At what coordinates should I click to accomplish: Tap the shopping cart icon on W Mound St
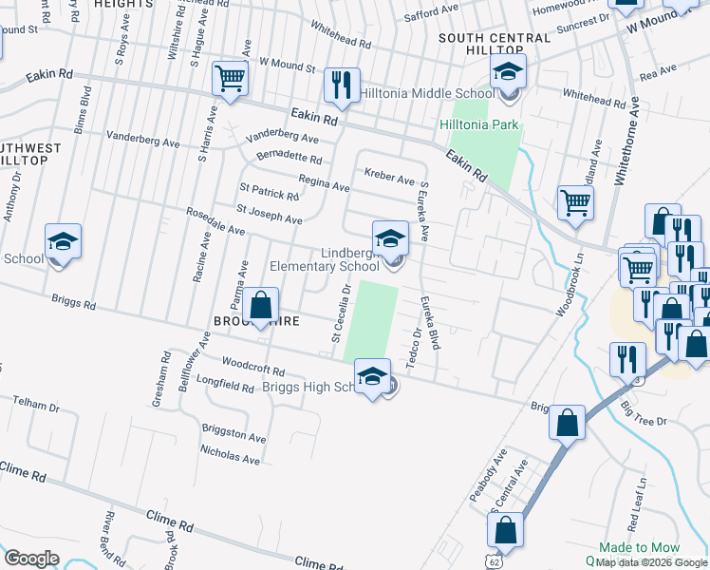[231, 81]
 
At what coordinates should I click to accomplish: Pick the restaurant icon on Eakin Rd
[341, 85]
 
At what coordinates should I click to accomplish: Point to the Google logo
[31, 558]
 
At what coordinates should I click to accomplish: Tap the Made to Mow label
[639, 548]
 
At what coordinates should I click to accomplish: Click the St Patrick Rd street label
[269, 192]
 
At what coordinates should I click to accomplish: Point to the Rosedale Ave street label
[215, 222]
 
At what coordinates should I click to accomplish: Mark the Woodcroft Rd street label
[253, 367]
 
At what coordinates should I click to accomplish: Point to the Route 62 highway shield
[493, 561]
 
